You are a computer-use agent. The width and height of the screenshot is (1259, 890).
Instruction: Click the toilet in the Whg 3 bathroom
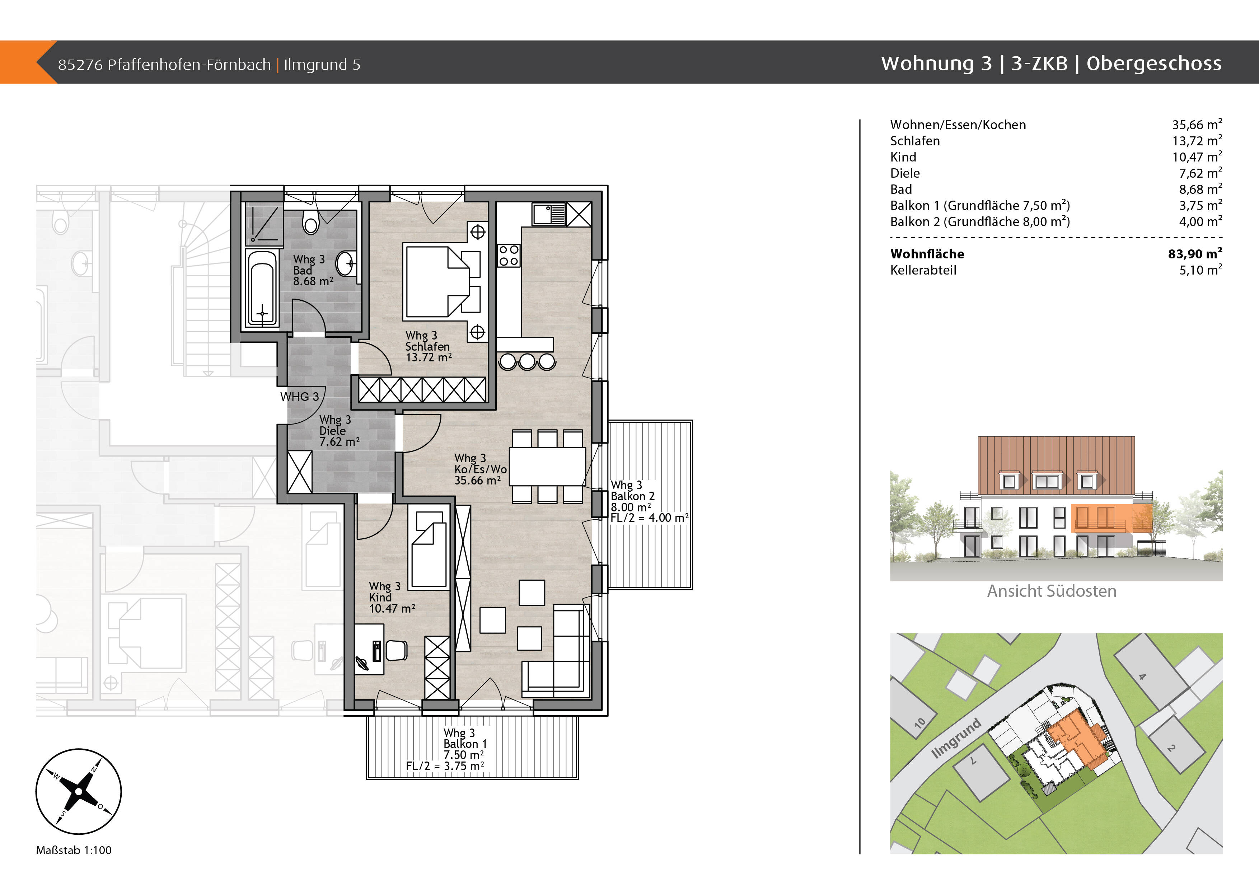(x=311, y=221)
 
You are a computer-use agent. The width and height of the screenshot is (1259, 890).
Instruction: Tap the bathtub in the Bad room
(x=262, y=288)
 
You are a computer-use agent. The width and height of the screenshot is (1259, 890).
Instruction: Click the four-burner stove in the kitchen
(x=508, y=256)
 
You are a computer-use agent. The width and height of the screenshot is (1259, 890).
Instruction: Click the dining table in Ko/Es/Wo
(x=547, y=466)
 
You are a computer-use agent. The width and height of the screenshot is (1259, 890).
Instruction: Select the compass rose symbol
(x=78, y=791)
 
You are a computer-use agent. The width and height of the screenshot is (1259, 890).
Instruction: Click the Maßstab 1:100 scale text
(x=74, y=850)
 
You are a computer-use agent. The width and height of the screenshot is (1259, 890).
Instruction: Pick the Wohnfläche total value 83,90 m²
(x=1195, y=253)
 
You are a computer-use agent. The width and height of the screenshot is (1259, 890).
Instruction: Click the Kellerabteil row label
(x=923, y=270)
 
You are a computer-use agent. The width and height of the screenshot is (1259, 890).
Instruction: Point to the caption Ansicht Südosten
(x=1052, y=591)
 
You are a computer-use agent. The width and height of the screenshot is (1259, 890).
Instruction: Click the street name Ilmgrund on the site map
(x=956, y=738)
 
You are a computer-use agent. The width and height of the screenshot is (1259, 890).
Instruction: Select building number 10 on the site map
(x=919, y=723)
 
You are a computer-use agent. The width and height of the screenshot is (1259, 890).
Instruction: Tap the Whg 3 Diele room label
(x=335, y=425)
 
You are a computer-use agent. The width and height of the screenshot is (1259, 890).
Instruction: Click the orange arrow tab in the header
(x=28, y=62)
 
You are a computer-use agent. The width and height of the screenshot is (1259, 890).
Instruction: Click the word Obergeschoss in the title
(x=1154, y=64)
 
